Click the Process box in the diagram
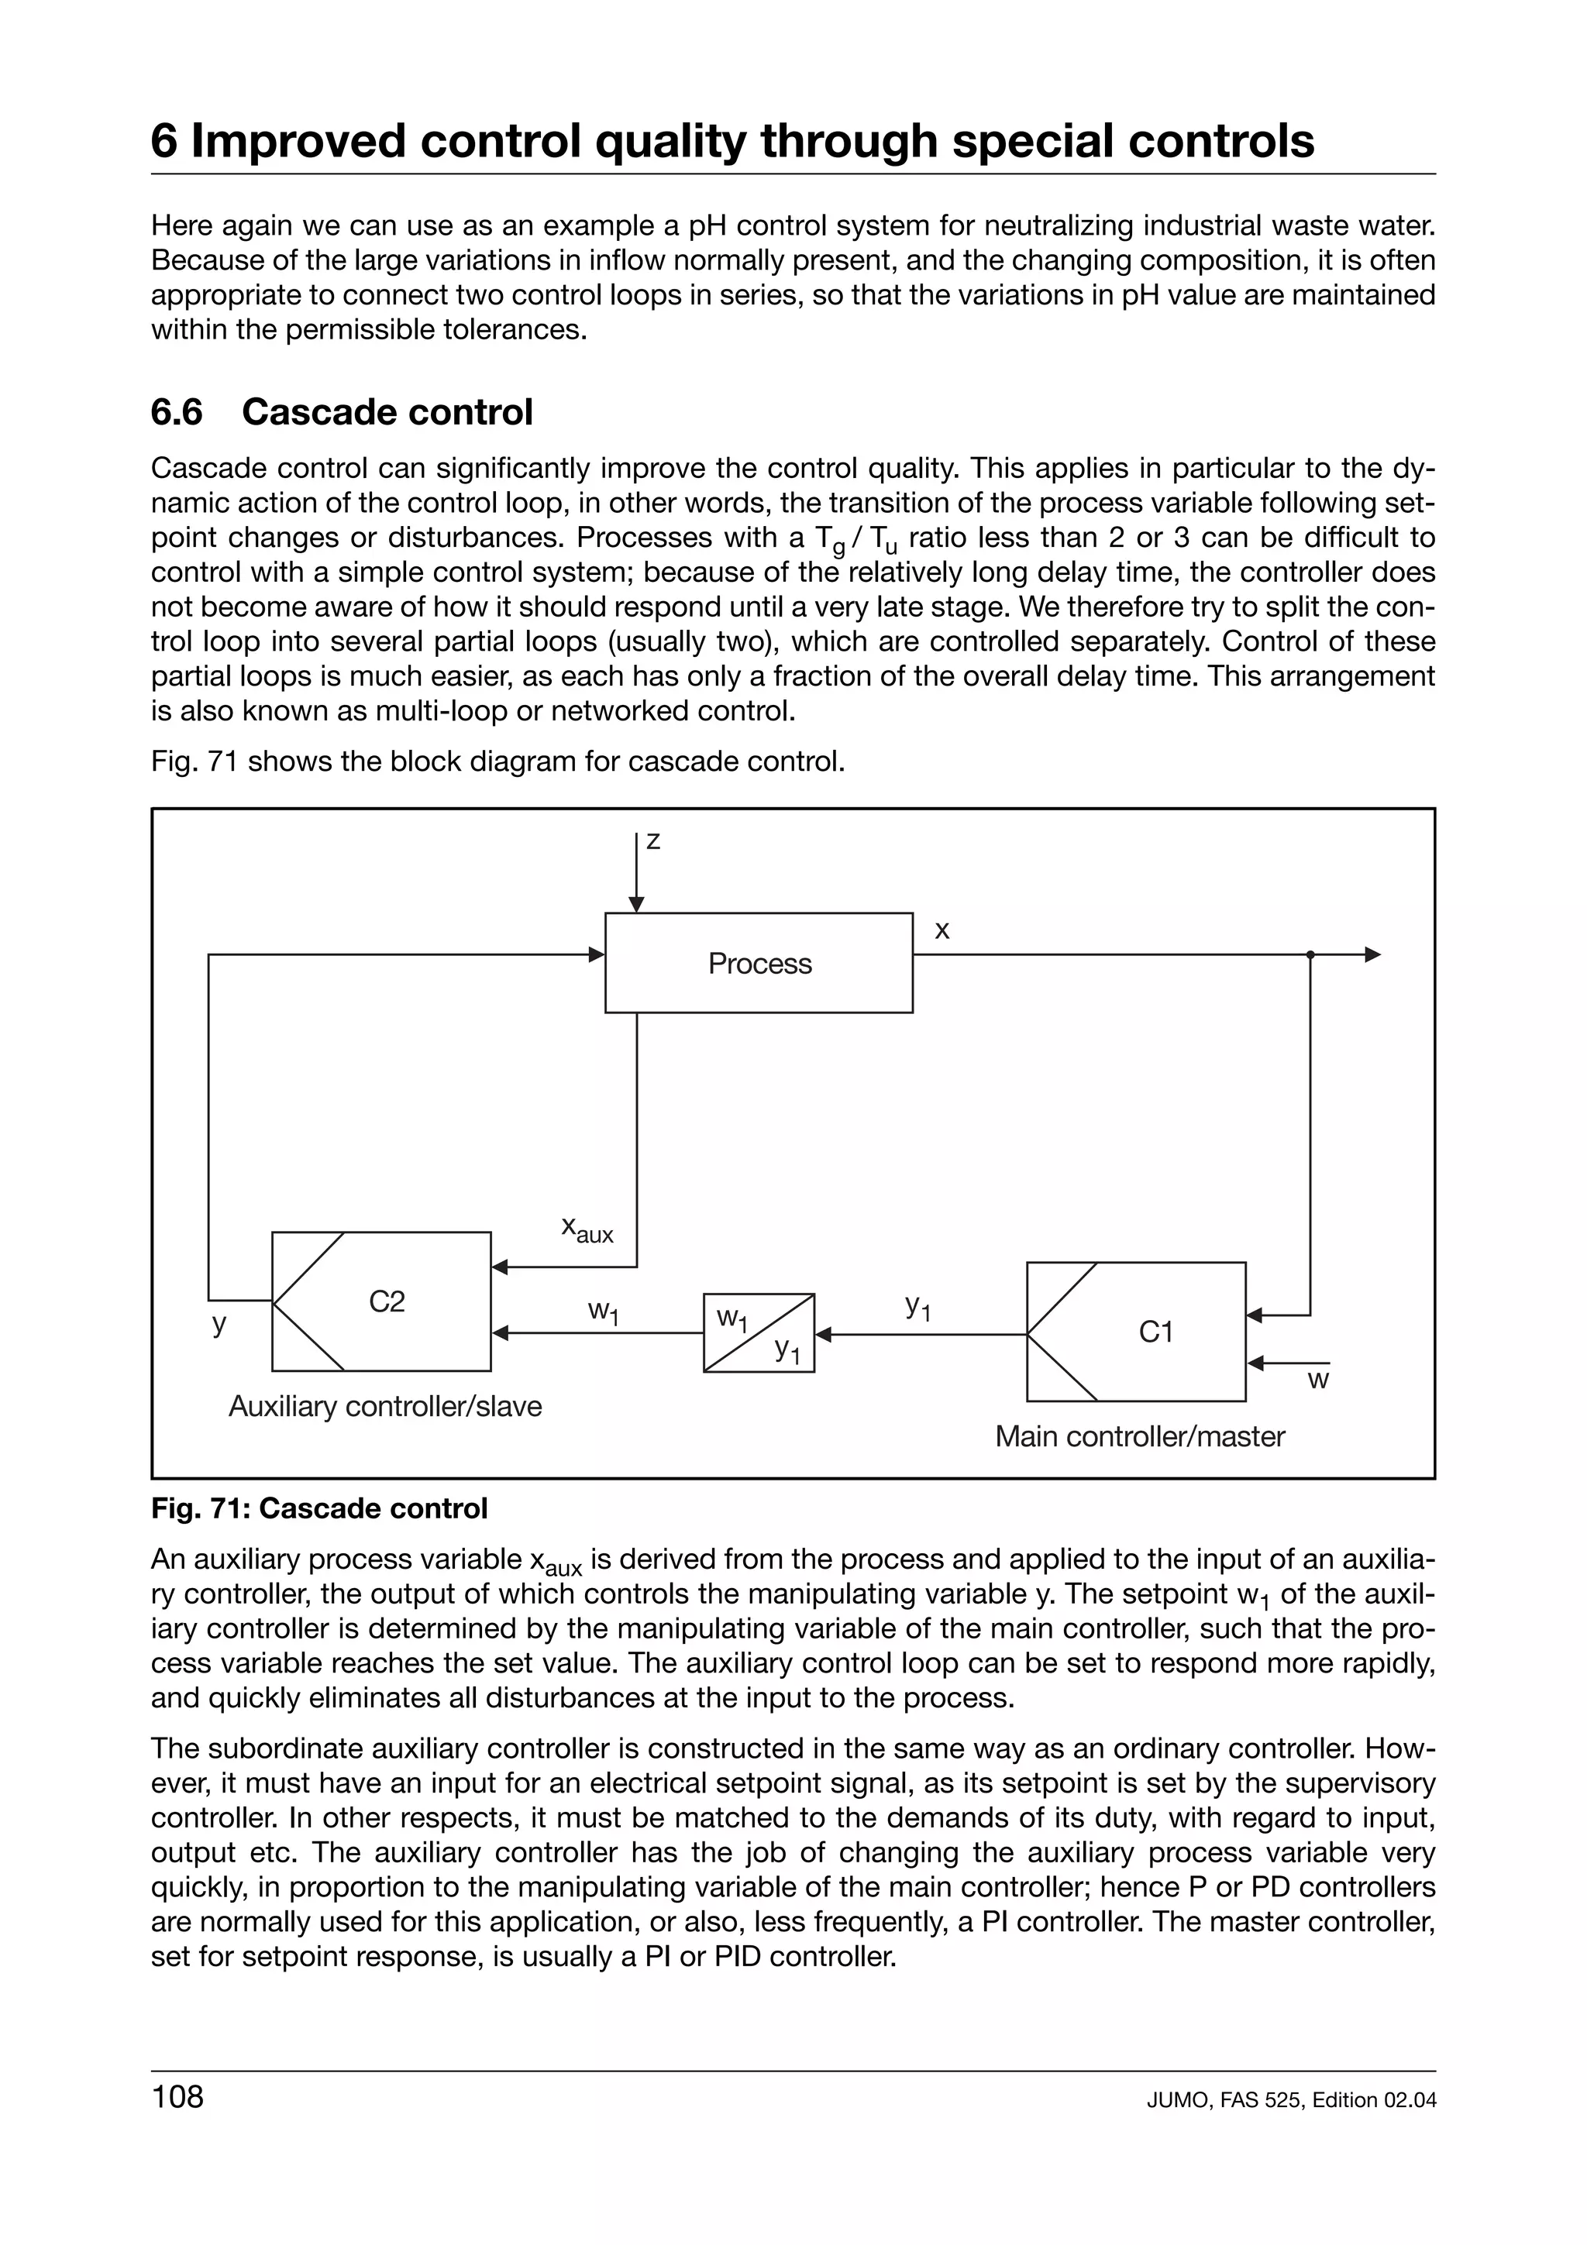pos(759,963)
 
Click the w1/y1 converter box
pos(759,1332)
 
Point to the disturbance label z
pos(653,840)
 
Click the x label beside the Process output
pos(942,930)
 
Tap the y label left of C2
pos(219,1324)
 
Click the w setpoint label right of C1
pos(1318,1380)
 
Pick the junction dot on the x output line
pos(1310,954)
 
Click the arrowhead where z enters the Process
pos(636,905)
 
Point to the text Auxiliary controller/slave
pos(385,1406)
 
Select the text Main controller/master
pos(1139,1436)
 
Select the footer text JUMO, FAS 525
pos(1225,2100)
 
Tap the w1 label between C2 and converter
pos(604,1312)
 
